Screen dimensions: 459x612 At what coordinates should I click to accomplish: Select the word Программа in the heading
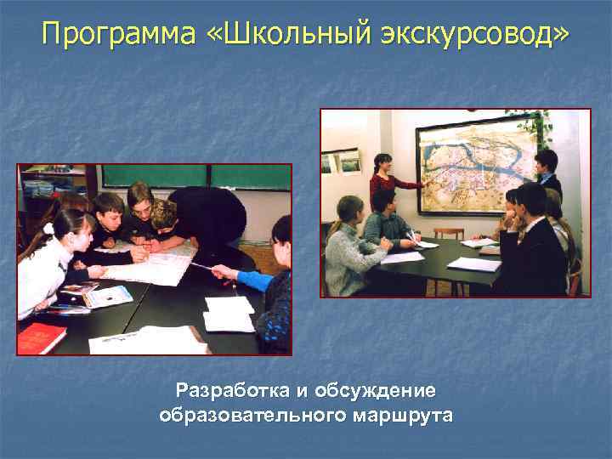tap(119, 35)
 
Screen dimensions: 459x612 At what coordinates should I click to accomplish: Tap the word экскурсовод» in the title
tap(480, 35)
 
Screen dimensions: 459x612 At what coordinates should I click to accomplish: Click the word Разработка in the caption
tap(231, 391)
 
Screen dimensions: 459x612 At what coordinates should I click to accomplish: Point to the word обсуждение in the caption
tap(375, 391)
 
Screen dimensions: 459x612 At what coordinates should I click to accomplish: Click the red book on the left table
tap(41, 337)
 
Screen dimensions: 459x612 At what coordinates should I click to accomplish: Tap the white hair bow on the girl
tap(48, 228)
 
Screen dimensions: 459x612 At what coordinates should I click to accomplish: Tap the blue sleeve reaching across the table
tap(255, 279)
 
